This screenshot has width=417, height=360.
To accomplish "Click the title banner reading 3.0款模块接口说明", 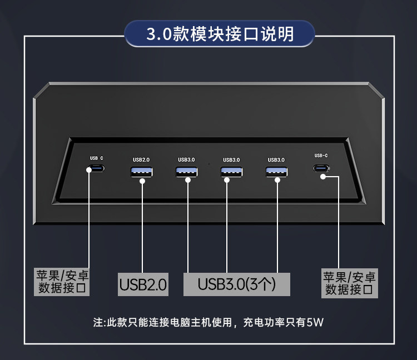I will pyautogui.click(x=220, y=34).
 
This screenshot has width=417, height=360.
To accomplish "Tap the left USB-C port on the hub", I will pyautogui.click(x=97, y=169).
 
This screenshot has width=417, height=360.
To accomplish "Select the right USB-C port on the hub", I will pyautogui.click(x=320, y=168).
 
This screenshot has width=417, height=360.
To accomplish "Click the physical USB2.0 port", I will pyautogui.click(x=142, y=172).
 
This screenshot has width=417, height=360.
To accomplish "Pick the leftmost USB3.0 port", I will pyautogui.click(x=186, y=172).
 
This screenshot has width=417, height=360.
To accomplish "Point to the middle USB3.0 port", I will pyautogui.click(x=231, y=172).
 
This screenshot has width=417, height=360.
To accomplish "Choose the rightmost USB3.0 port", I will pyautogui.click(x=276, y=172).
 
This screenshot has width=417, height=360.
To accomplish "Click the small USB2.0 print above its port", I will pyautogui.click(x=141, y=160).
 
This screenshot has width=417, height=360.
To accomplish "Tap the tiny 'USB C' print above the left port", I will pyautogui.click(x=96, y=158).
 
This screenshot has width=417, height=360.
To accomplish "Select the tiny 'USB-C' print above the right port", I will pyautogui.click(x=321, y=156).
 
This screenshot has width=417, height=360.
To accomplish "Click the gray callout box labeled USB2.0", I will pyautogui.click(x=143, y=285).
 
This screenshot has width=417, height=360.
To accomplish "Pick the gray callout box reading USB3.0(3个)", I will pyautogui.click(x=237, y=284).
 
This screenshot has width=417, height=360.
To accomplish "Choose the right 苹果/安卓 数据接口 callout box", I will pyautogui.click(x=350, y=282).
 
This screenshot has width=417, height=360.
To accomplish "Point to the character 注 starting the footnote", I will pyautogui.click(x=98, y=322).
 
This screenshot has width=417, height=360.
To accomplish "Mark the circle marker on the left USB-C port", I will pyautogui.click(x=89, y=169).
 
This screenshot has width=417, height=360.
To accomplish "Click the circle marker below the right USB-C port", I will pyautogui.click(x=323, y=177).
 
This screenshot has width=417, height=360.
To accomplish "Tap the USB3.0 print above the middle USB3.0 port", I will pyautogui.click(x=231, y=160).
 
